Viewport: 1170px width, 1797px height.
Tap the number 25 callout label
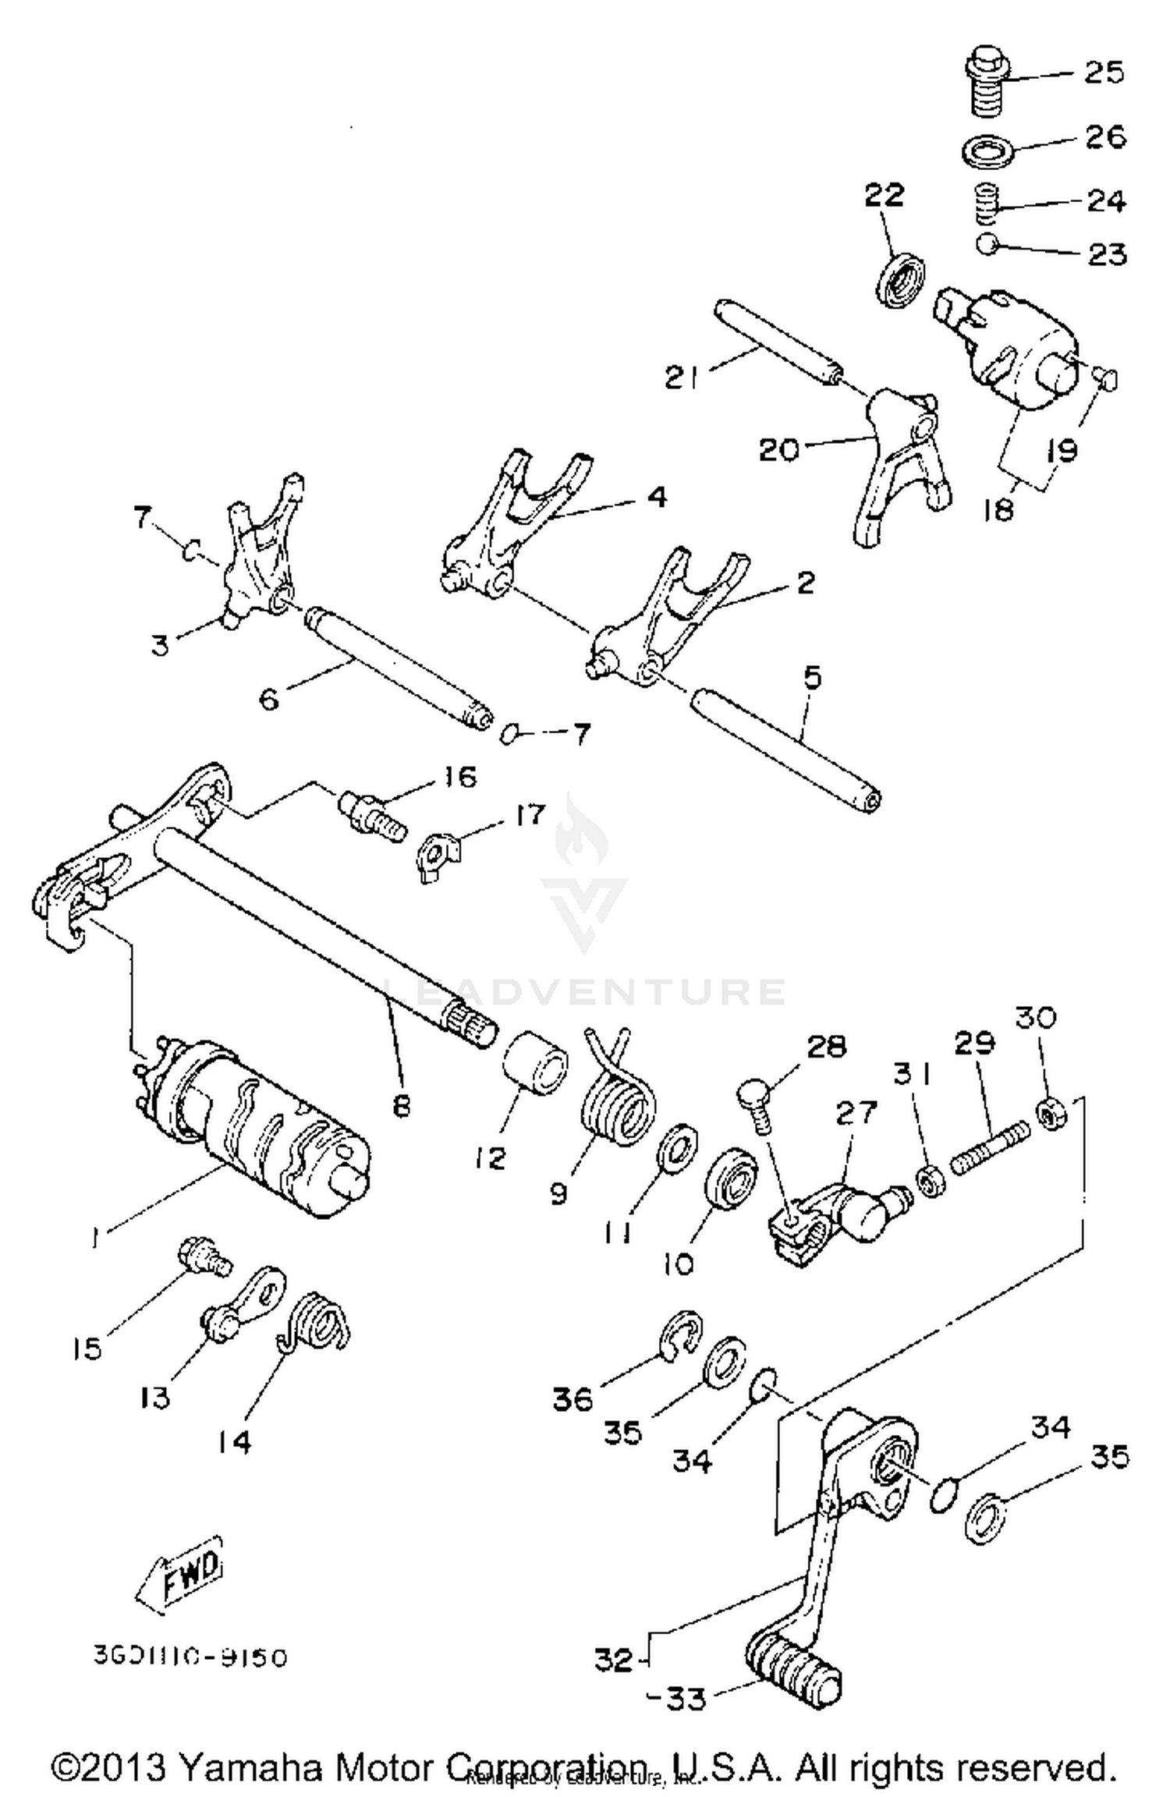1104,73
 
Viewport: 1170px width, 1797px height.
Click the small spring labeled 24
988,202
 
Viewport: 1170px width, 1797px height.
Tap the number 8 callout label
401,1105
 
